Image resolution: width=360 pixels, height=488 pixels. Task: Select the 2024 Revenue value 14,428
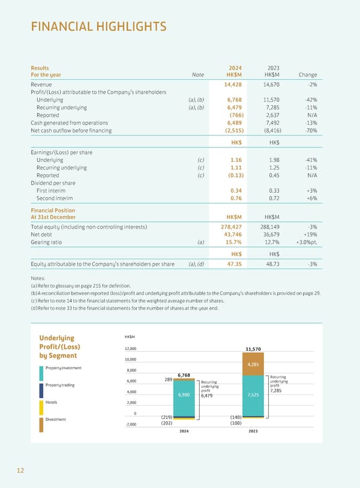[232, 85]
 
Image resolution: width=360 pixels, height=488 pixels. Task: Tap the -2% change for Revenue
[311, 85]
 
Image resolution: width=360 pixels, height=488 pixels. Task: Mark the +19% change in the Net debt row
[309, 235]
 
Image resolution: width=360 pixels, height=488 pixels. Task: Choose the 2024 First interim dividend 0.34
[236, 190]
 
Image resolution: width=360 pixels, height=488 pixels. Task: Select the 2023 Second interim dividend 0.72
[275, 198]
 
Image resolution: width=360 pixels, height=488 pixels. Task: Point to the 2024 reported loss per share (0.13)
[233, 176]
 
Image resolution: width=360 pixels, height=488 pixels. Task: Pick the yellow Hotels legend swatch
[41, 411]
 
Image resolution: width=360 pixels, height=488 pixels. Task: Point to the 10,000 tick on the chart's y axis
[131, 360]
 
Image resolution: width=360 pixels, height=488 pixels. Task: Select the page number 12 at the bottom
[20, 471]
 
